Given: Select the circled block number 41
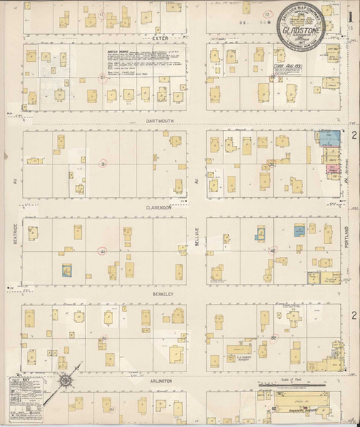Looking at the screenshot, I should pyautogui.click(x=102, y=251).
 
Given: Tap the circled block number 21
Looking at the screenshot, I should pyautogui.click(x=104, y=80).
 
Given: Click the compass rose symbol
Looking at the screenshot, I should pyautogui.click(x=65, y=379).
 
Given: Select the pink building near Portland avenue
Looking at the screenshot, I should pyautogui.click(x=332, y=169).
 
